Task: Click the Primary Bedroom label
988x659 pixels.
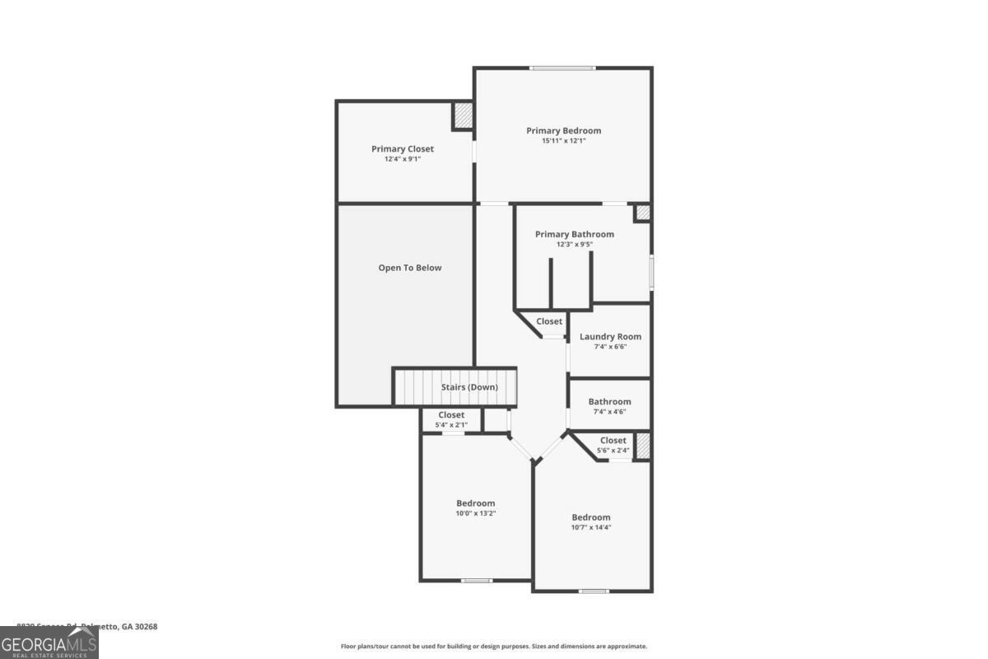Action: pos(563,130)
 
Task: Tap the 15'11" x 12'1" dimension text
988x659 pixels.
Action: pos(563,141)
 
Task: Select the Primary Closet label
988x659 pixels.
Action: pos(402,149)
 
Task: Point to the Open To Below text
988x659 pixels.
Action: pos(409,268)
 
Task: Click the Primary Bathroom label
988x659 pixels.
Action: pos(574,234)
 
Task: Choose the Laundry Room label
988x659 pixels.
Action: pos(610,336)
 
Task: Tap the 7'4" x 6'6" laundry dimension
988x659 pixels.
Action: pos(610,347)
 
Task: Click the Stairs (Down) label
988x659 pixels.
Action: pos(464,387)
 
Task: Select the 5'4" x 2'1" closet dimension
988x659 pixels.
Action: pos(451,425)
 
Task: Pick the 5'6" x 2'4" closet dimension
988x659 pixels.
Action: pos(613,451)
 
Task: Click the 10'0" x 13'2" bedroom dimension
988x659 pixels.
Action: pos(476,513)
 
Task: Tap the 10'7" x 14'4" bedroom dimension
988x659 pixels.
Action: pos(591,527)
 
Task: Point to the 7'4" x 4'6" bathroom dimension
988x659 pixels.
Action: pos(609,412)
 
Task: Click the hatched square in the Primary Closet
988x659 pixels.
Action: pos(463,116)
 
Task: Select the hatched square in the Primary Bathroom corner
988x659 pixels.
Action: pos(642,213)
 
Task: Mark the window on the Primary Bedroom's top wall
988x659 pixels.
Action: pos(562,68)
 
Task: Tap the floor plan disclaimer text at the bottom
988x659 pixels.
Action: pos(494,647)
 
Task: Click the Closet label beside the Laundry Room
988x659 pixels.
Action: pos(549,321)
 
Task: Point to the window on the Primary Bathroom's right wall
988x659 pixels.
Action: pos(650,273)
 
